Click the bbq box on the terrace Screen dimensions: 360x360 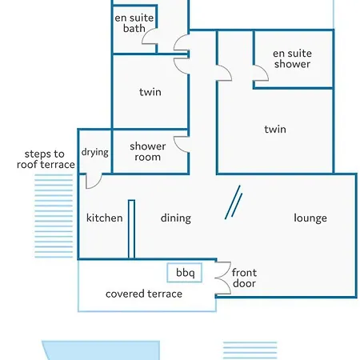pos(184,273)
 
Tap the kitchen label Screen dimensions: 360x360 pos(105,218)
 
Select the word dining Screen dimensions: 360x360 pos(176,218)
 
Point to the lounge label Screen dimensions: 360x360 pos(310,218)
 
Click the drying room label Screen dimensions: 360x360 pos(95,152)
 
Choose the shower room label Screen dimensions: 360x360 pos(148,152)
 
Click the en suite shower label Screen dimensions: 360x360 pos(292,58)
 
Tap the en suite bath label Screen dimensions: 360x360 pos(134,23)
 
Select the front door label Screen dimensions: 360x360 pos(244,278)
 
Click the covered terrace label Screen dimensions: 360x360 pos(144,294)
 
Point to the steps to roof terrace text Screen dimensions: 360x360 pos(46,159)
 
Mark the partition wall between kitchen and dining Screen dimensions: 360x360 pos(131,230)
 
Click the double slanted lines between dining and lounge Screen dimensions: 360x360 pos(234,202)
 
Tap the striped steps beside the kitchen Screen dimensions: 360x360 pos(54,216)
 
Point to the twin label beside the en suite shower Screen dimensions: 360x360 pos(275,130)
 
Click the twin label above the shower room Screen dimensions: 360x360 pos(150,92)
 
